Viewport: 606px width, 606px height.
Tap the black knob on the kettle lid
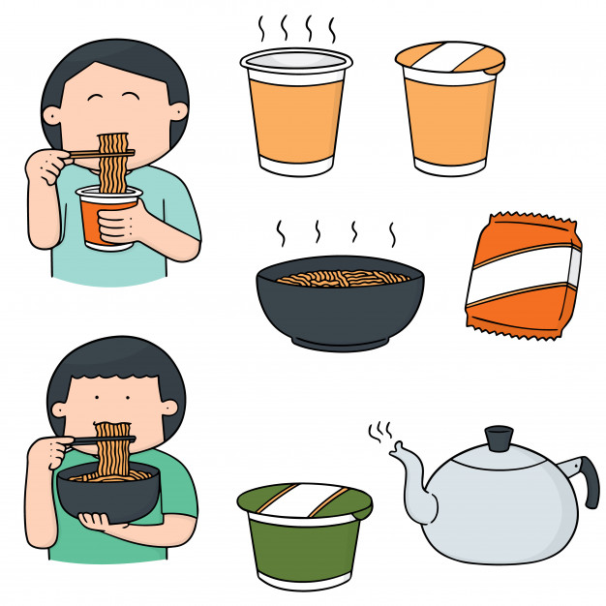pyautogui.click(x=499, y=439)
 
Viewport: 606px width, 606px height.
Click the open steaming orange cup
pyautogui.click(x=296, y=116)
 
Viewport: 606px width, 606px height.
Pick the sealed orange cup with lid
pyautogui.click(x=450, y=116)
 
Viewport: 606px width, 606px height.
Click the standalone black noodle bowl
pyautogui.click(x=339, y=310)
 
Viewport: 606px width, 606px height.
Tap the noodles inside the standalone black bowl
pyautogui.click(x=339, y=277)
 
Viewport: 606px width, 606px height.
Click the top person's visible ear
pyautogui.click(x=177, y=111)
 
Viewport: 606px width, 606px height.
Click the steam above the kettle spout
pyautogui.click(x=380, y=431)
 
